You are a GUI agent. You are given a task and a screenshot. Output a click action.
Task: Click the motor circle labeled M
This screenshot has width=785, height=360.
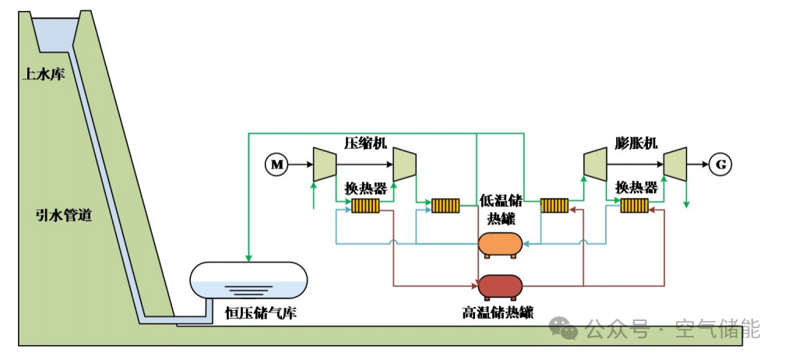(276, 164)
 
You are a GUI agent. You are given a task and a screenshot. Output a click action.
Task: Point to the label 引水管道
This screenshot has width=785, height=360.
(64, 216)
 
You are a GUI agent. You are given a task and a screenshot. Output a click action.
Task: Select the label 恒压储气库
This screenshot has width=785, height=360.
(261, 314)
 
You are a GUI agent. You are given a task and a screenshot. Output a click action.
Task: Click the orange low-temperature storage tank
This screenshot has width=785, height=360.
(500, 245)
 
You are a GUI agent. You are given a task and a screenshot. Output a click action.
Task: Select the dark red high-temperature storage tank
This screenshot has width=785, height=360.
(500, 287)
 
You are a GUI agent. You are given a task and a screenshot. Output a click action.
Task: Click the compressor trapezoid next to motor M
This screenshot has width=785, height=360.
(325, 164)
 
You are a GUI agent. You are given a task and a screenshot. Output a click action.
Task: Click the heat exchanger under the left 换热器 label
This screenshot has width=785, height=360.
(365, 206)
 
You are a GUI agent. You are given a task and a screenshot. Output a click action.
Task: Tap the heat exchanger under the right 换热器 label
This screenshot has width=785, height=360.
(635, 206)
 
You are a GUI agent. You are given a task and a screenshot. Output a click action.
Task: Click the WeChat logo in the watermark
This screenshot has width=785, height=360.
(564, 329)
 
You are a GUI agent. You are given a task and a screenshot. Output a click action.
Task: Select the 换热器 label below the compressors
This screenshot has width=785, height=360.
(366, 189)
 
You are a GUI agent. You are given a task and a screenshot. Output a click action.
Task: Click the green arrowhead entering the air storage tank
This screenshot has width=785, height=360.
(248, 258)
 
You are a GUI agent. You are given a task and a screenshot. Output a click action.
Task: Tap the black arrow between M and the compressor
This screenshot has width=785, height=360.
(300, 164)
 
